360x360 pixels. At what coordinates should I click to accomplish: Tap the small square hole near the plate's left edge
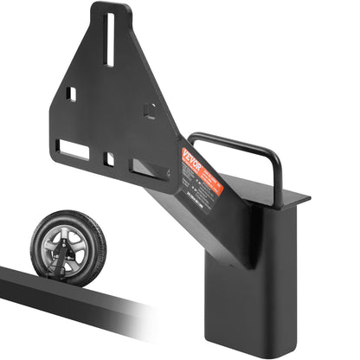74,93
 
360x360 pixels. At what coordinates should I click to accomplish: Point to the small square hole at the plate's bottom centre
110,159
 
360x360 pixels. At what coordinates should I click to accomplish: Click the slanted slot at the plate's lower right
144,166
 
